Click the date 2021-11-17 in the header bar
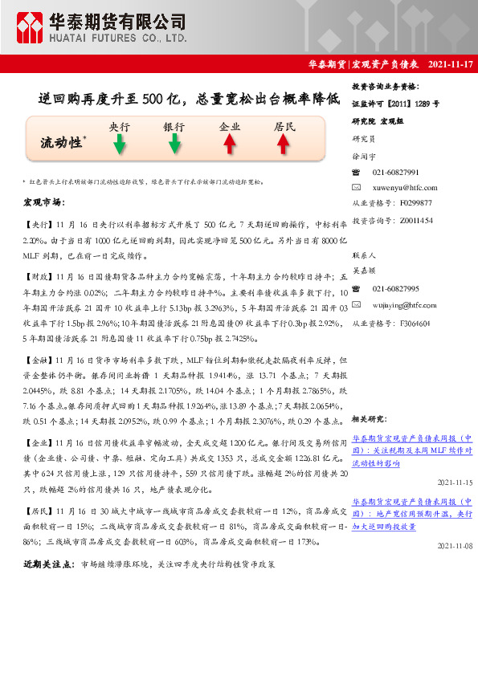pyautogui.click(x=451, y=63)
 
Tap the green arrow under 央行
pyautogui.click(x=119, y=144)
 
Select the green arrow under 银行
pyautogui.click(x=174, y=144)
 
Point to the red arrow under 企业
pyautogui.click(x=229, y=144)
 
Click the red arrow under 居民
pyautogui.click(x=283, y=144)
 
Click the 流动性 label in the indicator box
pyautogui.click(x=61, y=143)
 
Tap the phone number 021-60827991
pyautogui.click(x=396, y=173)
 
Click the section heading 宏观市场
pyautogui.click(x=43, y=201)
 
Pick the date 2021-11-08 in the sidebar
pyautogui.click(x=455, y=546)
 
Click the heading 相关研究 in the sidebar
pyautogui.click(x=369, y=419)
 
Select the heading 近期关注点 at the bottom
pyautogui.click(x=49, y=565)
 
